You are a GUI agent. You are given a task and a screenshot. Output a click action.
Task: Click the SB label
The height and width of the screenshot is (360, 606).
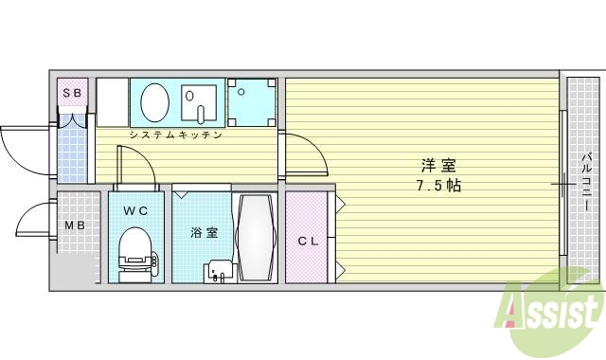(73, 93)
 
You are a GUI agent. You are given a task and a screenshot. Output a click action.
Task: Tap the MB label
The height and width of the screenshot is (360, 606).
(73, 225)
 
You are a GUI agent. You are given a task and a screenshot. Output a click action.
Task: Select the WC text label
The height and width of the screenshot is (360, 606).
(134, 210)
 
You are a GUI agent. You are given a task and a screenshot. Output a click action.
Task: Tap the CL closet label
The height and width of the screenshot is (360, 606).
(307, 241)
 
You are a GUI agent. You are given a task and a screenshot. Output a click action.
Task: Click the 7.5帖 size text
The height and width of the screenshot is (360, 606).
(436, 185)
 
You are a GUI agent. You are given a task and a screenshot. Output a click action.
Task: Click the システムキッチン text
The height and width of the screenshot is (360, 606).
(176, 135)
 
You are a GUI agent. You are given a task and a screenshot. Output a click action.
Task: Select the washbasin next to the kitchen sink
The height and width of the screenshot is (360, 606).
(200, 101)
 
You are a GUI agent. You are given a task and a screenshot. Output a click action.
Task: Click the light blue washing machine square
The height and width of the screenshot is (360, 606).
(251, 101)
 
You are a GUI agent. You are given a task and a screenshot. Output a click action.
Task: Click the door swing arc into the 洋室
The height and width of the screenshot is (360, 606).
(308, 156)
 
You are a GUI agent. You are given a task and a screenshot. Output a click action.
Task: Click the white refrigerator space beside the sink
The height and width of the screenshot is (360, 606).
(112, 101)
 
